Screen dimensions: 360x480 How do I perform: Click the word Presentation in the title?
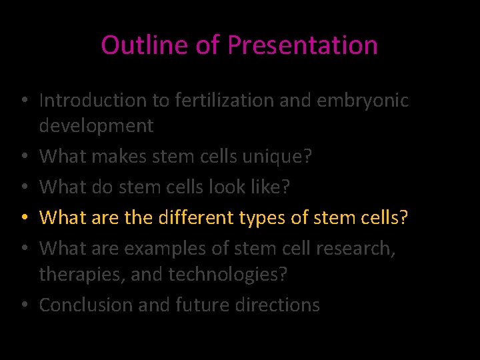tap(303, 45)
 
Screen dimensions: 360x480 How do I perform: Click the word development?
tap(96, 125)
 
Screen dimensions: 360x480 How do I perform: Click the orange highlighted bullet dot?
tap(23, 218)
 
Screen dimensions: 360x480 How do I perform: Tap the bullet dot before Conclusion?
tap(23, 306)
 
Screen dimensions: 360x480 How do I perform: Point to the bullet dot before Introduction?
tap(23, 101)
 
